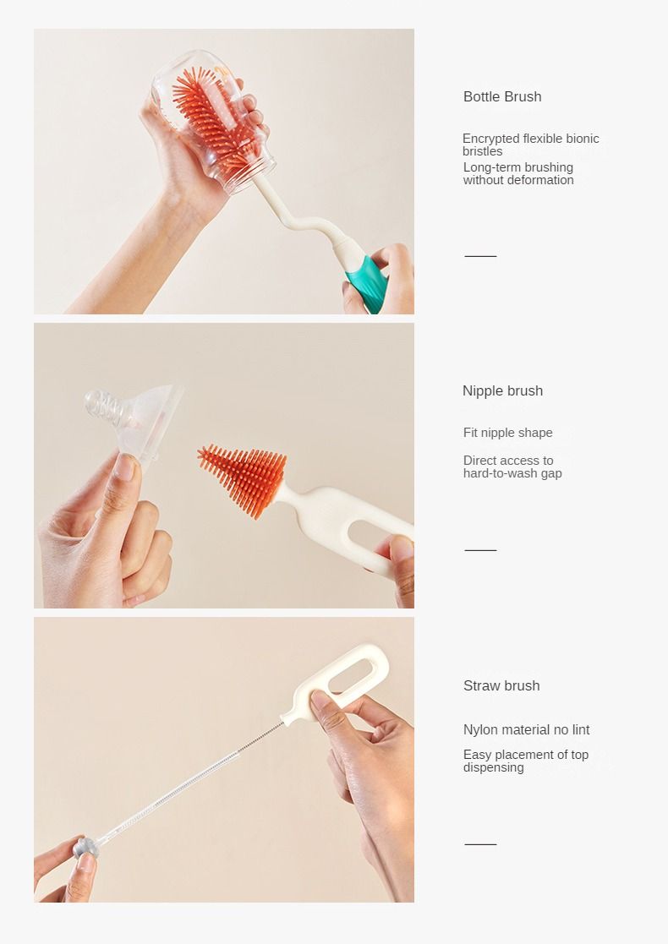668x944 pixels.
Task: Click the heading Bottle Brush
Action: [x=502, y=96]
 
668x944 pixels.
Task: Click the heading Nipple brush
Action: [x=502, y=390]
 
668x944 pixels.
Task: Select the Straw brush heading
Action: [x=501, y=685]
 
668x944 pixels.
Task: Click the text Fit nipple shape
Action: [x=508, y=433]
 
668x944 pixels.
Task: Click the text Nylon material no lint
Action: [x=527, y=729]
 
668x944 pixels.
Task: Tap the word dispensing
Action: [x=493, y=767]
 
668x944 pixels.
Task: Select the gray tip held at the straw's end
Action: [x=86, y=847]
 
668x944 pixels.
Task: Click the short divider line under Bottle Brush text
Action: [x=480, y=256]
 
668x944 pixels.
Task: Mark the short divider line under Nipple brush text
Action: [x=480, y=550]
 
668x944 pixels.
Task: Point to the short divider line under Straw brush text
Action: [x=480, y=844]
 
